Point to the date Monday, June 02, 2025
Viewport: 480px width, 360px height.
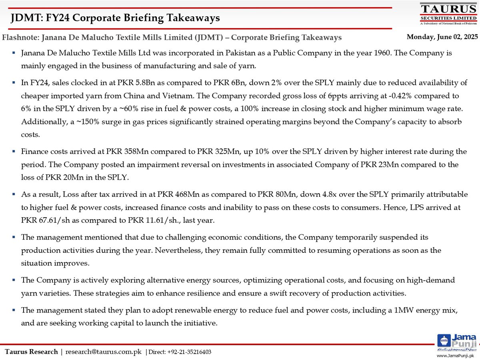pos(442,37)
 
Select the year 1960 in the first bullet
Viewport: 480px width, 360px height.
pos(375,53)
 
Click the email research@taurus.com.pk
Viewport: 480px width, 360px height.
pos(103,352)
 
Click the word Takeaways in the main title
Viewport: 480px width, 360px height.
pos(195,18)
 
